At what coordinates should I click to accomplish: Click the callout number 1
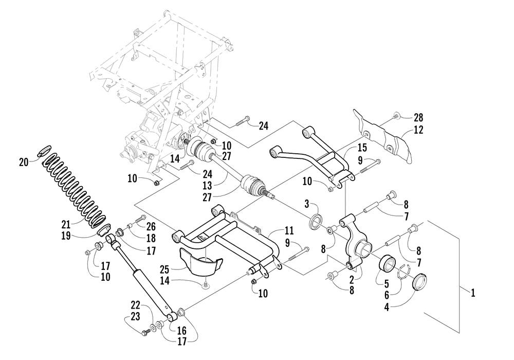pyautogui.click(x=473, y=293)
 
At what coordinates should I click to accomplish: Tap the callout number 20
pyautogui.click(x=24, y=162)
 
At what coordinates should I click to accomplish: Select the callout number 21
pyautogui.click(x=66, y=225)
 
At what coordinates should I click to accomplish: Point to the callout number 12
pyautogui.click(x=418, y=130)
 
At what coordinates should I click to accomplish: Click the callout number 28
pyautogui.click(x=418, y=117)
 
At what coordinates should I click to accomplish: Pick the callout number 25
pyautogui.click(x=164, y=269)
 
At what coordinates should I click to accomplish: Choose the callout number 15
pyautogui.click(x=362, y=148)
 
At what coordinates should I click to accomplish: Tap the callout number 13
pyautogui.click(x=207, y=186)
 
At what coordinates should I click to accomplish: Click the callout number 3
pyautogui.click(x=306, y=204)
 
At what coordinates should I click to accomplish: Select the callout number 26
pyautogui.click(x=151, y=227)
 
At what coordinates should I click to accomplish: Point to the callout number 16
pyautogui.click(x=182, y=330)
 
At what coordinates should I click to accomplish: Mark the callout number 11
pyautogui.click(x=289, y=230)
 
